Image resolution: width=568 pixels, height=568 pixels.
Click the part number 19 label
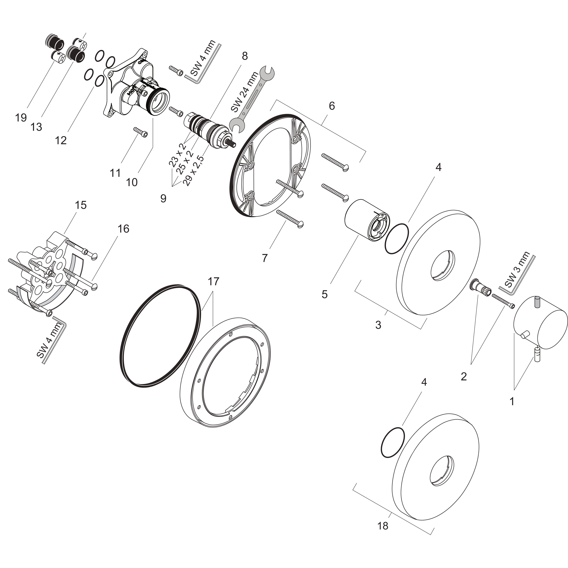point(21,118)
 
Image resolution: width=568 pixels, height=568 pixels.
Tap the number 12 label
point(61,140)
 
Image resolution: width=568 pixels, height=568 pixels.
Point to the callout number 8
point(245,56)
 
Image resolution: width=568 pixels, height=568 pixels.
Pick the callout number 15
point(81,205)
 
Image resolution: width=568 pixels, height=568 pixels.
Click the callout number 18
point(383,526)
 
